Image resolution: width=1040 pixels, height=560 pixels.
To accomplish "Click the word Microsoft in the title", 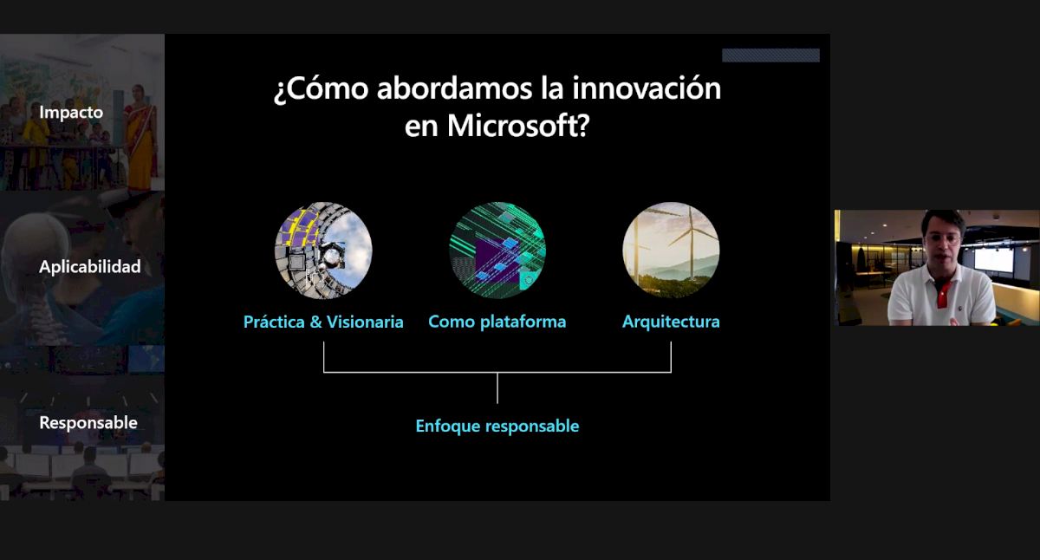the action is point(518,126).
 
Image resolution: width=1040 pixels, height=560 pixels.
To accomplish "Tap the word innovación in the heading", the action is point(647,88).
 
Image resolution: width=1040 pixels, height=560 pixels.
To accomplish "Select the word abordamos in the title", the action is point(454,88).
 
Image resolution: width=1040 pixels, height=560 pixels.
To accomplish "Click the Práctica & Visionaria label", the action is point(323,322).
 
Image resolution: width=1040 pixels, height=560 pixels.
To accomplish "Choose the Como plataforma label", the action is point(497,322).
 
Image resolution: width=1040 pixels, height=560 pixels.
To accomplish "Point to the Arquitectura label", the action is point(671,322).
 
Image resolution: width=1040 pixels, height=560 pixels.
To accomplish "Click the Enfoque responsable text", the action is point(497,427).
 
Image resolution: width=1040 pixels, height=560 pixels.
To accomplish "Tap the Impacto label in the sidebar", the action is point(71,113).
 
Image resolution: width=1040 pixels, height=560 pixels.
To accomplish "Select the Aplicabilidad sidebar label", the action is point(89,266).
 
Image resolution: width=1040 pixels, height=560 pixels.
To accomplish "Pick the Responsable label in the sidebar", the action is point(88,422).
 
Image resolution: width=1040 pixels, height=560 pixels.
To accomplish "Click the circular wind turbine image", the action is point(671,250).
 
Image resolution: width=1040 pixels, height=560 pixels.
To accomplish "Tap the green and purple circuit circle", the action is point(497,250).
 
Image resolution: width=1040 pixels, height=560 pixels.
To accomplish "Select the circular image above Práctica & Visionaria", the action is point(323,250).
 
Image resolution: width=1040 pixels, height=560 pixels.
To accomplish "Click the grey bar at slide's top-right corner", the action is point(770,55).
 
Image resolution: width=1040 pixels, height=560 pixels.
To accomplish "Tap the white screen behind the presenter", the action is point(993,260).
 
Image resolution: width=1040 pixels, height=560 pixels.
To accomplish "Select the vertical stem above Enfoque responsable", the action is point(497,388).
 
